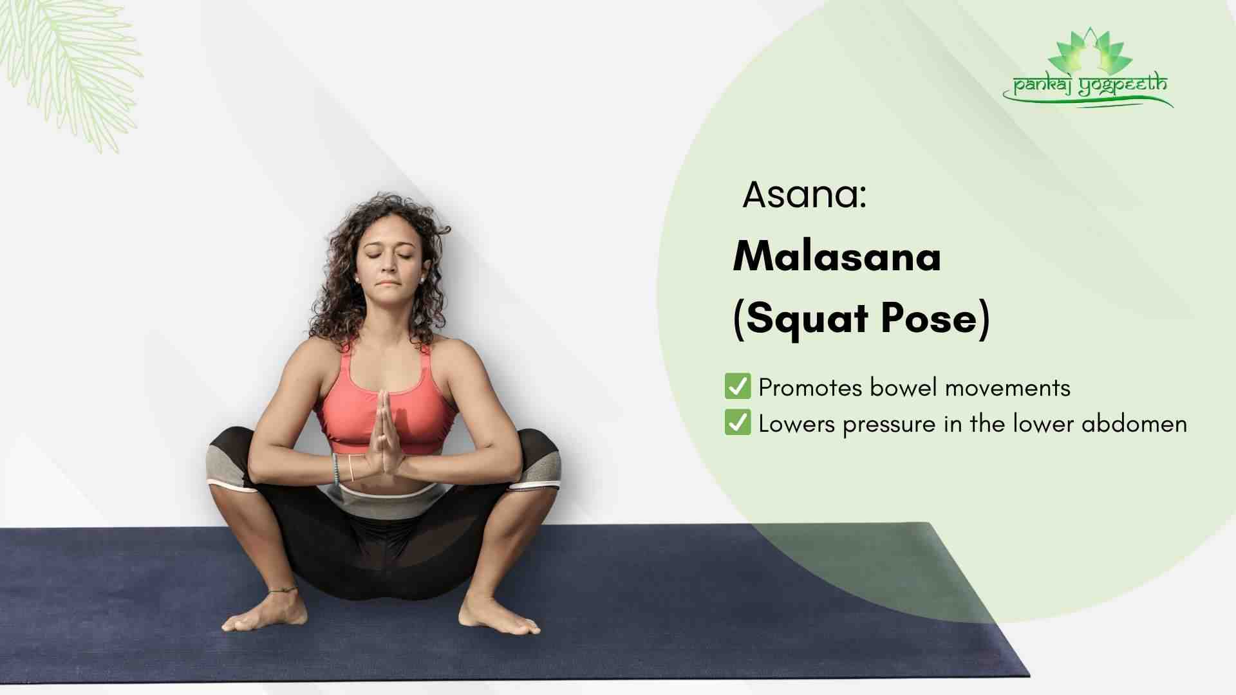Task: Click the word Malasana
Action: coord(837,256)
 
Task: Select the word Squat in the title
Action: coord(807,319)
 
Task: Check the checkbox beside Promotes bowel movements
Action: coord(738,386)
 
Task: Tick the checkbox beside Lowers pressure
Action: coord(738,423)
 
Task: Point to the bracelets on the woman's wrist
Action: coord(343,468)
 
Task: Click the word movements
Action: coord(1007,387)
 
